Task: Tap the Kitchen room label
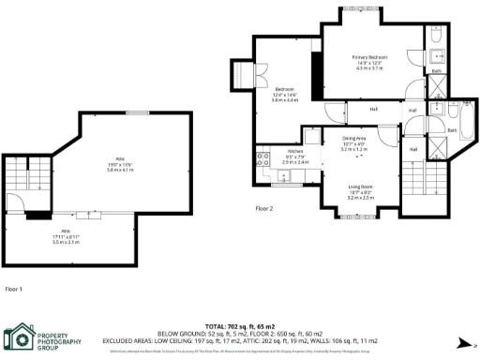click(295, 150)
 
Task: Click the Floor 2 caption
click(265, 209)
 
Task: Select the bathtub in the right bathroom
click(461, 117)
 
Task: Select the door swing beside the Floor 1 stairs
click(14, 203)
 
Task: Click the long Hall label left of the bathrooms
click(372, 109)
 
